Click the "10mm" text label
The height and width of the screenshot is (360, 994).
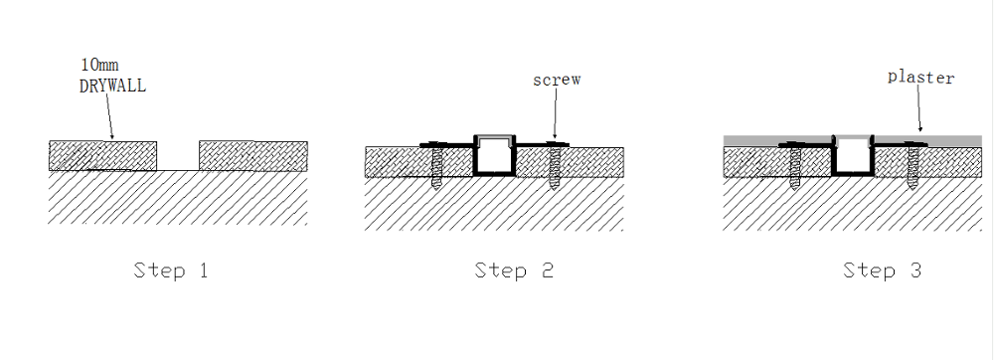point(99,64)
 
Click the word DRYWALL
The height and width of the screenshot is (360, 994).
point(113,87)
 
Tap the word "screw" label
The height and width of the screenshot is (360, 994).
point(557,80)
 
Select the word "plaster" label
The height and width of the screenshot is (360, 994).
point(920,78)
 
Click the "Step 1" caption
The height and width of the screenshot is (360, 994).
point(171,270)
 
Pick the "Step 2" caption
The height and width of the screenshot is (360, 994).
point(514,270)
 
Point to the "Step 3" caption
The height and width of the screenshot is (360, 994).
point(882,270)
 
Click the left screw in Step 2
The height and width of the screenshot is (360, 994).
point(436,165)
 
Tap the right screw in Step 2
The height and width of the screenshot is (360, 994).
point(556,165)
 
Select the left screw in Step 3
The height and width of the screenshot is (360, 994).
point(795,165)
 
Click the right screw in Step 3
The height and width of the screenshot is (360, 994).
point(912,165)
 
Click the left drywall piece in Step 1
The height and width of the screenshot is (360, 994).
point(102,156)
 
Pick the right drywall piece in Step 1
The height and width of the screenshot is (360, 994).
point(253,156)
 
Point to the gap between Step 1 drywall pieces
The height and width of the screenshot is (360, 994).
point(178,156)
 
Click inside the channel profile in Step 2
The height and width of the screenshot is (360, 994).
point(495,159)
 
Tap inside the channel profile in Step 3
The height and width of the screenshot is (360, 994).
point(853,159)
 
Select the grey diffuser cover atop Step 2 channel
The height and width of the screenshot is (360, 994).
point(495,140)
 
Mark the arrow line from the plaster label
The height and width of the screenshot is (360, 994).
point(919,107)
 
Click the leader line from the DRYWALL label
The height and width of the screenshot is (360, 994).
point(109,116)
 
